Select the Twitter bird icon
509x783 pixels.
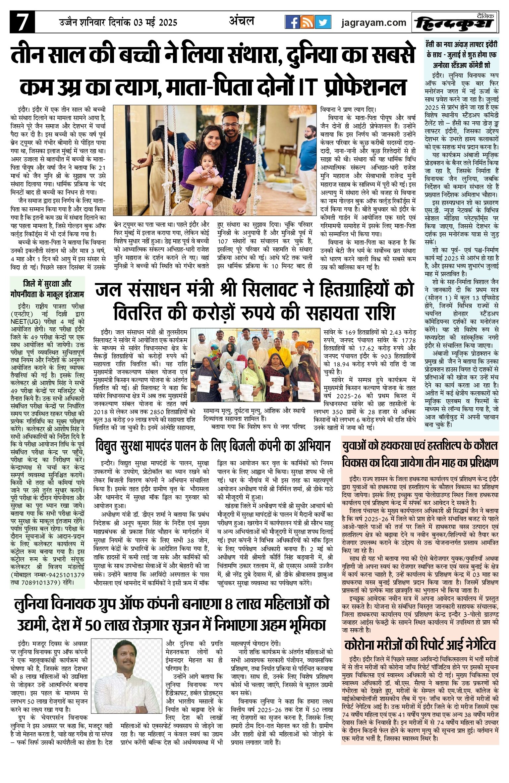323,22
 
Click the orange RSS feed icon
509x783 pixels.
308,22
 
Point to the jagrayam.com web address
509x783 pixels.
374,23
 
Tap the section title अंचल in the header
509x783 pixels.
242,21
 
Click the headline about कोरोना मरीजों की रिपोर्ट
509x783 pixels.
420,645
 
